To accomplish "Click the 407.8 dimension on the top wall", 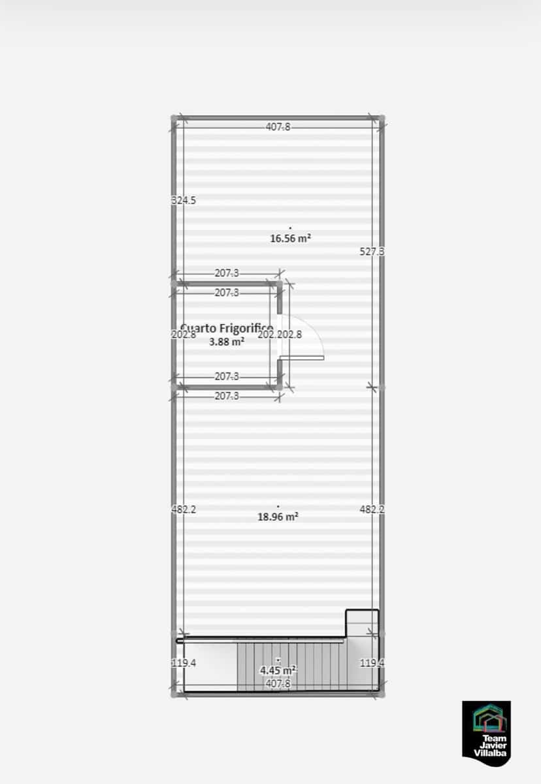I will tap(278, 127).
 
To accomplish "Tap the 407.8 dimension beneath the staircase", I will tap(278, 683).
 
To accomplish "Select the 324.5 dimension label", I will tap(184, 201).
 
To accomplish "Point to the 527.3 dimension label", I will tap(372, 251).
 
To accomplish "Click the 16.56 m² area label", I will tap(290, 238).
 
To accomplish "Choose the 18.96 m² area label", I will tap(278, 516).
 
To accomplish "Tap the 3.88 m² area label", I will tap(227, 340).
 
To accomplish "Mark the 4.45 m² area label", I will tap(278, 670).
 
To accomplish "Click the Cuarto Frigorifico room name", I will tap(226, 328).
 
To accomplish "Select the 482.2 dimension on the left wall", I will tap(184, 510).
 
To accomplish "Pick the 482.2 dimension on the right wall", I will tap(372, 510).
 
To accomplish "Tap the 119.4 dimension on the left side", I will tap(184, 663).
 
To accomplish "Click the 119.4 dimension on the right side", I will tap(372, 663).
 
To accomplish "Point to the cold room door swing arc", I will tap(312, 330).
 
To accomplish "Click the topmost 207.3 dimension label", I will tap(227, 274).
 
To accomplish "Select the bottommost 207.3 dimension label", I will tap(227, 397).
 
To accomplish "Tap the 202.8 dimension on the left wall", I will tap(184, 335).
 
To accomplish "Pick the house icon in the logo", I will tap(487, 719).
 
